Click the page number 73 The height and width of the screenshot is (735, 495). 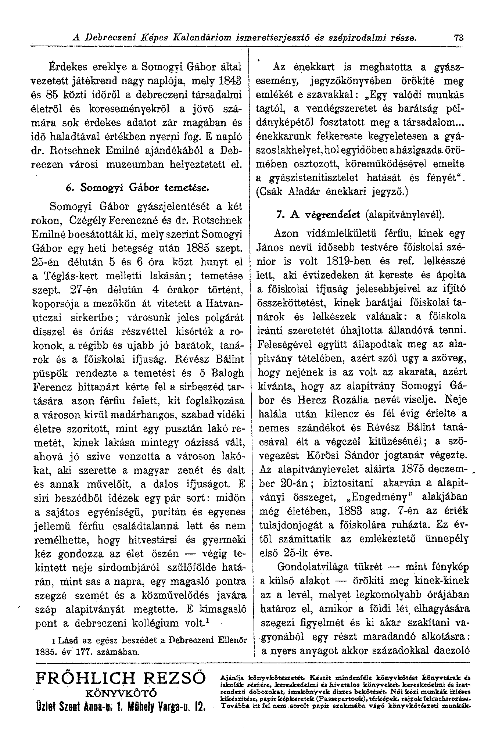coord(458,37)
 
